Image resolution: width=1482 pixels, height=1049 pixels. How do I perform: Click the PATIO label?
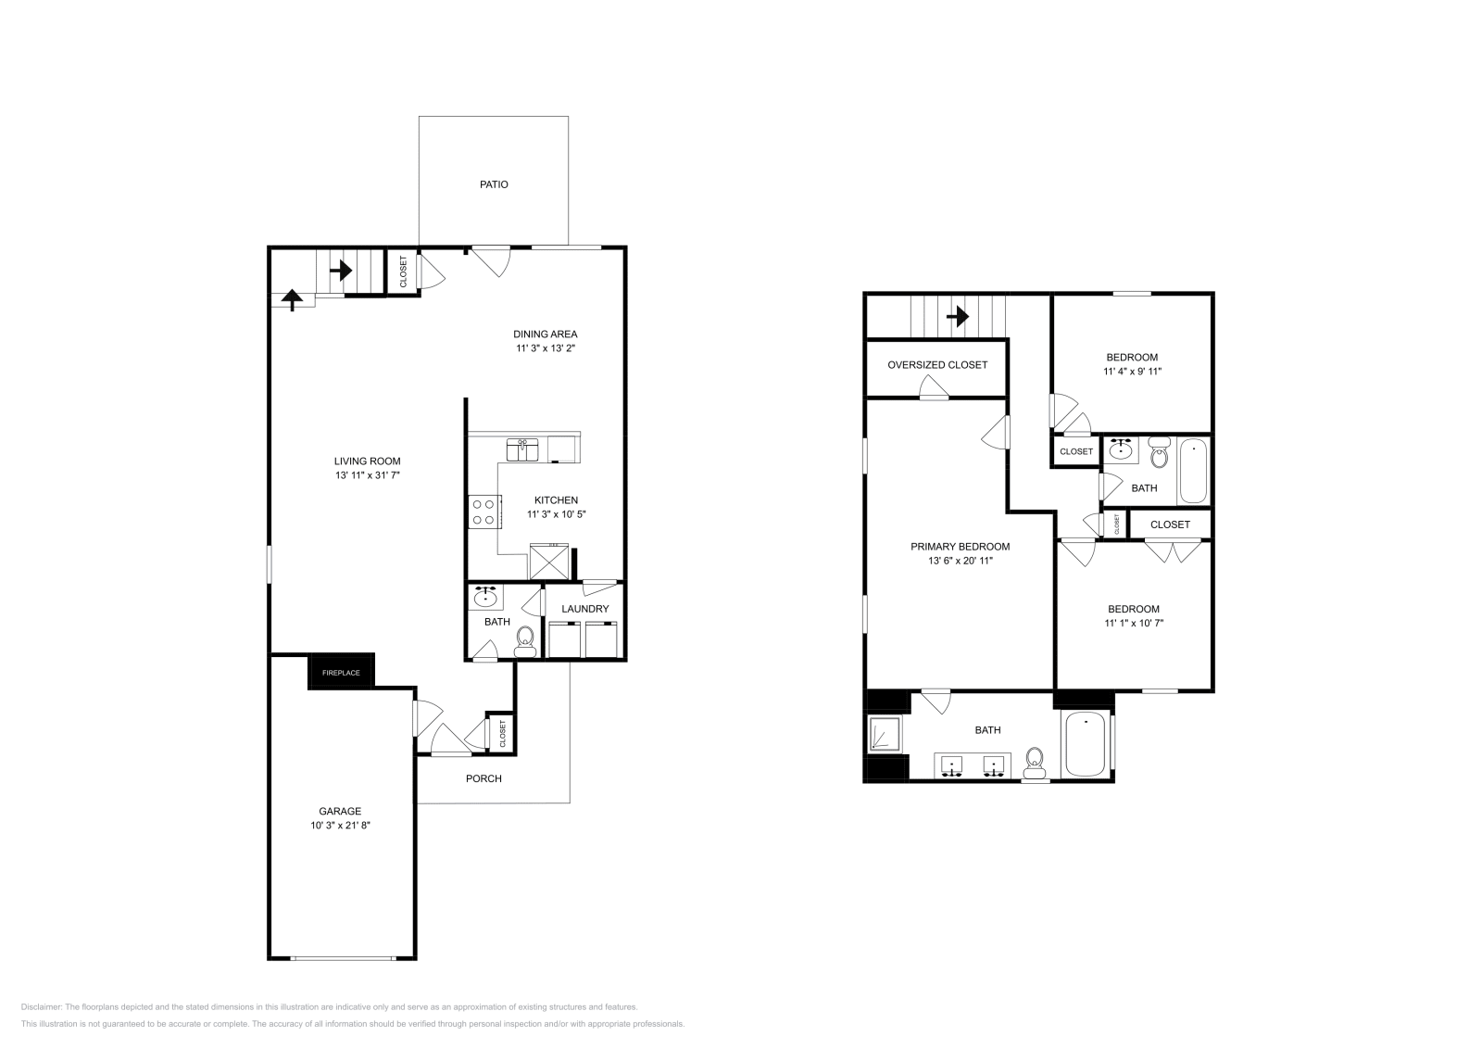click(x=494, y=184)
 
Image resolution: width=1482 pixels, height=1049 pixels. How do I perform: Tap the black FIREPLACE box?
click(x=341, y=672)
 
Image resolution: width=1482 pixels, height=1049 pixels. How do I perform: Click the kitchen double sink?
click(x=523, y=450)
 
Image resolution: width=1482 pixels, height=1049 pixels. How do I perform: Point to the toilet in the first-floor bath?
click(x=525, y=640)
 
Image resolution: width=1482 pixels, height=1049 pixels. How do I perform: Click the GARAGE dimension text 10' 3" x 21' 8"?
click(x=340, y=825)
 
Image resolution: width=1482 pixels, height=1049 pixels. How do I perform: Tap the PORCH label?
click(x=484, y=778)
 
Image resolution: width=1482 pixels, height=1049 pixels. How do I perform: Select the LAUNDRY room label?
click(x=585, y=609)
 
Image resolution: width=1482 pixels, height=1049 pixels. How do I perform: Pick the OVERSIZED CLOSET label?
click(x=937, y=365)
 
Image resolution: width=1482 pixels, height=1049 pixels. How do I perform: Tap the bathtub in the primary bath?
click(x=1086, y=744)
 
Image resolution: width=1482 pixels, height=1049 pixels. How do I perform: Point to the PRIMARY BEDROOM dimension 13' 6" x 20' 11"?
click(x=960, y=561)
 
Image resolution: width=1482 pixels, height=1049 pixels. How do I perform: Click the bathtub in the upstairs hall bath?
click(x=1193, y=471)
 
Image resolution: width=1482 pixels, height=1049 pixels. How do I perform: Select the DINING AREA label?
click(x=546, y=335)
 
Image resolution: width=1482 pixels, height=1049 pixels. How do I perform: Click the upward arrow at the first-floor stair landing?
click(x=293, y=299)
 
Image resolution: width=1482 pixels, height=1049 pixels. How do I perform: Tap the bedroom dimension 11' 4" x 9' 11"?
click(x=1132, y=372)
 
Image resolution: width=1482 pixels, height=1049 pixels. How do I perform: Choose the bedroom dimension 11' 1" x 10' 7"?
click(x=1134, y=624)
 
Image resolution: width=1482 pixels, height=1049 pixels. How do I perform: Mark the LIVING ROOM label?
click(x=367, y=461)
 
